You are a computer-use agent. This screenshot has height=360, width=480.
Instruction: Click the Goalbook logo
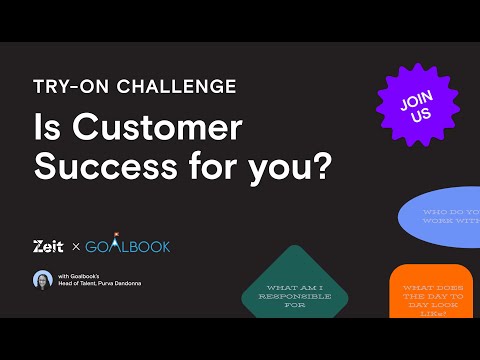(x=127, y=246)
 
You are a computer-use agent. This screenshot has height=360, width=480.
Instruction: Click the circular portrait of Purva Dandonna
(x=43, y=280)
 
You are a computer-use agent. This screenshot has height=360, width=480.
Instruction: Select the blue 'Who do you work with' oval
(x=445, y=217)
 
